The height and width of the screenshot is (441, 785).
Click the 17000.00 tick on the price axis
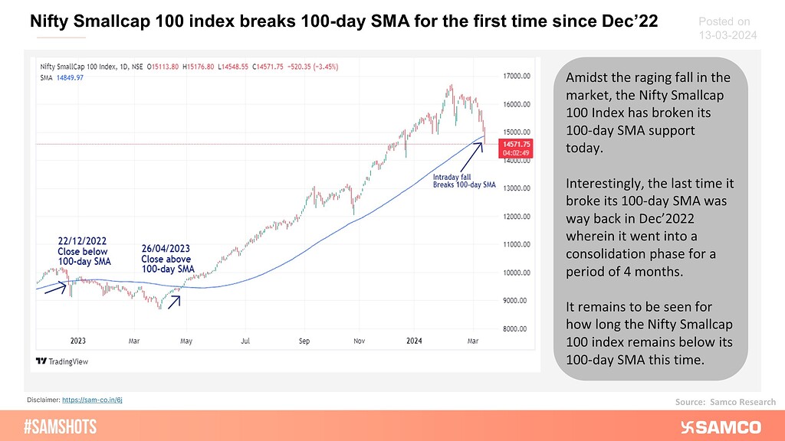pyautogui.click(x=517, y=76)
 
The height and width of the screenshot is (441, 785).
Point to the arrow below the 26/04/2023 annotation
pyautogui.click(x=174, y=300)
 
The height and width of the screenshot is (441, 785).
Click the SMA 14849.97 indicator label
pyautogui.click(x=61, y=77)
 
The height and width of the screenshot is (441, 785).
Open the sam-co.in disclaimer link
pyautogui.click(x=103, y=400)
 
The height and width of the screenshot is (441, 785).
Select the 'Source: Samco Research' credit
pyautogui.click(x=725, y=401)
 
